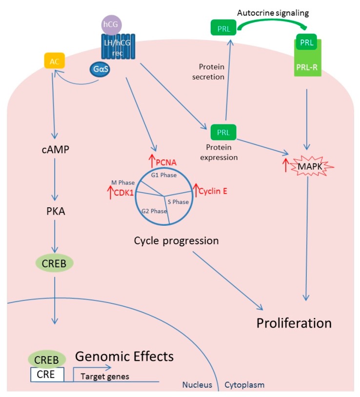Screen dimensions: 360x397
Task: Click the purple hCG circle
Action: coord(111,24)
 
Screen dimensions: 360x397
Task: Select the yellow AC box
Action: coord(55,60)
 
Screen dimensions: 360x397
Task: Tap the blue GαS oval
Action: coord(100,69)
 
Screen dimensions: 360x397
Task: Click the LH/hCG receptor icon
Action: coord(118,47)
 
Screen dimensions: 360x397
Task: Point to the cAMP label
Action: coord(55,150)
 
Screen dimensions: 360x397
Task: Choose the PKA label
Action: coord(56,211)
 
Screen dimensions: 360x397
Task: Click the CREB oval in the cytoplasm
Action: coord(54,263)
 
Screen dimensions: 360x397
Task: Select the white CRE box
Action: coord(47,375)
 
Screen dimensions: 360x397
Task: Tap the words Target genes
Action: coord(105,377)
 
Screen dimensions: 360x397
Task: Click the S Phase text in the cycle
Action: coord(178,202)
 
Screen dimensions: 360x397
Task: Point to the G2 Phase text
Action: coord(154,211)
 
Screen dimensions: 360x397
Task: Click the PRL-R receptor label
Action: coord(307,67)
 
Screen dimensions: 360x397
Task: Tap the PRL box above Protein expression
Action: coord(223,132)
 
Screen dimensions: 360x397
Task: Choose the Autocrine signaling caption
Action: coord(273,13)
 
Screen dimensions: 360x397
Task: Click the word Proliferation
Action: coord(294,323)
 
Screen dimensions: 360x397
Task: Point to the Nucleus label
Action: coord(197,385)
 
